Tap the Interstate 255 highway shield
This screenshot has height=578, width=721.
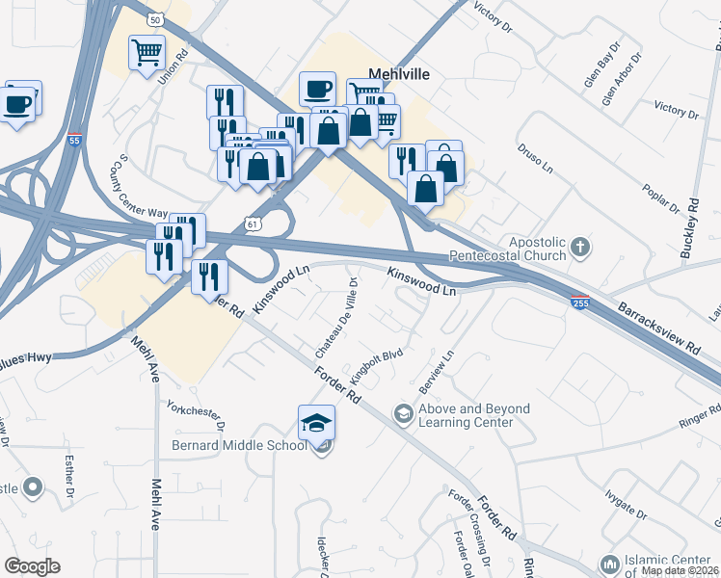pyautogui.click(x=579, y=302)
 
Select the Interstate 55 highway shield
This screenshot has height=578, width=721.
pyautogui.click(x=75, y=141)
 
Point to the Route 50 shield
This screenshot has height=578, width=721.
pyautogui.click(x=154, y=18)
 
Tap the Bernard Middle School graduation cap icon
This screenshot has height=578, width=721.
pyautogui.click(x=315, y=422)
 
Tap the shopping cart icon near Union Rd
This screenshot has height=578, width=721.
pyautogui.click(x=147, y=51)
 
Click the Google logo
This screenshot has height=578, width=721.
pyautogui.click(x=32, y=566)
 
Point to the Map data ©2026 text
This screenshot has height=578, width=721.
pyautogui.click(x=680, y=570)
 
